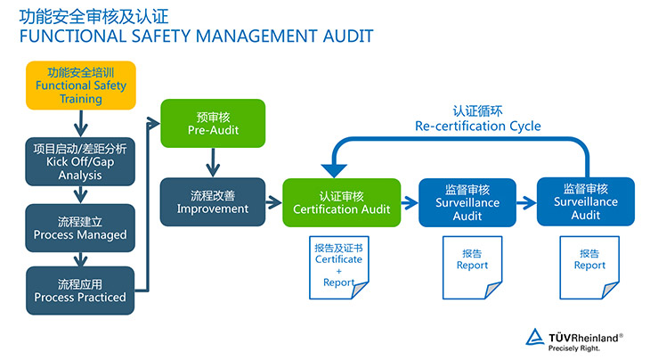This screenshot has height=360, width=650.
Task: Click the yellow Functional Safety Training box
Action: pyautogui.click(x=81, y=85)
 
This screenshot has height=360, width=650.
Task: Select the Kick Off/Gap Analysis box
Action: pyautogui.click(x=80, y=161)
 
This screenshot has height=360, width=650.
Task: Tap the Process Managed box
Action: pyautogui.click(x=80, y=227)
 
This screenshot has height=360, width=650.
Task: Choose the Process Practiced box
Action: pyautogui.click(x=80, y=290)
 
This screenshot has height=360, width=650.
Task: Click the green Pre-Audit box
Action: pyautogui.click(x=213, y=123)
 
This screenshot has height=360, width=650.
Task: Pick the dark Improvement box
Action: pyautogui.click(x=213, y=201)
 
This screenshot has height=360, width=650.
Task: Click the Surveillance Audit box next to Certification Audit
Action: pyautogui.click(x=467, y=202)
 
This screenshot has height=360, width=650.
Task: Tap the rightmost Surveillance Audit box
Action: pyautogui.click(x=586, y=201)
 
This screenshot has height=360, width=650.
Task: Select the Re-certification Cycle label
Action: pyautogui.click(x=477, y=119)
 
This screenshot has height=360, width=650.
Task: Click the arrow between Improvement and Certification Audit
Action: pyautogui.click(x=273, y=201)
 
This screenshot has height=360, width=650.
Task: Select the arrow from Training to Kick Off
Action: pyautogui.click(x=81, y=119)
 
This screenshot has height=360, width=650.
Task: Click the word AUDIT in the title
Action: pyautogui.click(x=344, y=37)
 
